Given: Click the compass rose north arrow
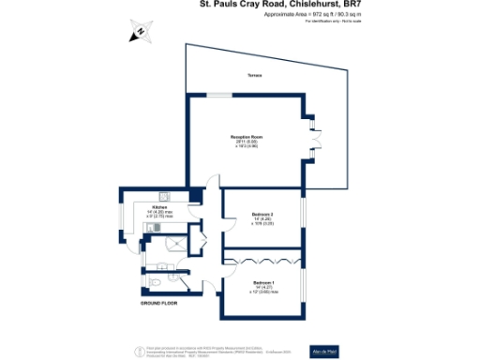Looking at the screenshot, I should tap(139, 34).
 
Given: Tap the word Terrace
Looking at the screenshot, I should tap(254, 75).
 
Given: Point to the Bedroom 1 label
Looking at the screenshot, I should tap(262, 281).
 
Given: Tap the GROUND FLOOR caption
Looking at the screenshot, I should tap(158, 305).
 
